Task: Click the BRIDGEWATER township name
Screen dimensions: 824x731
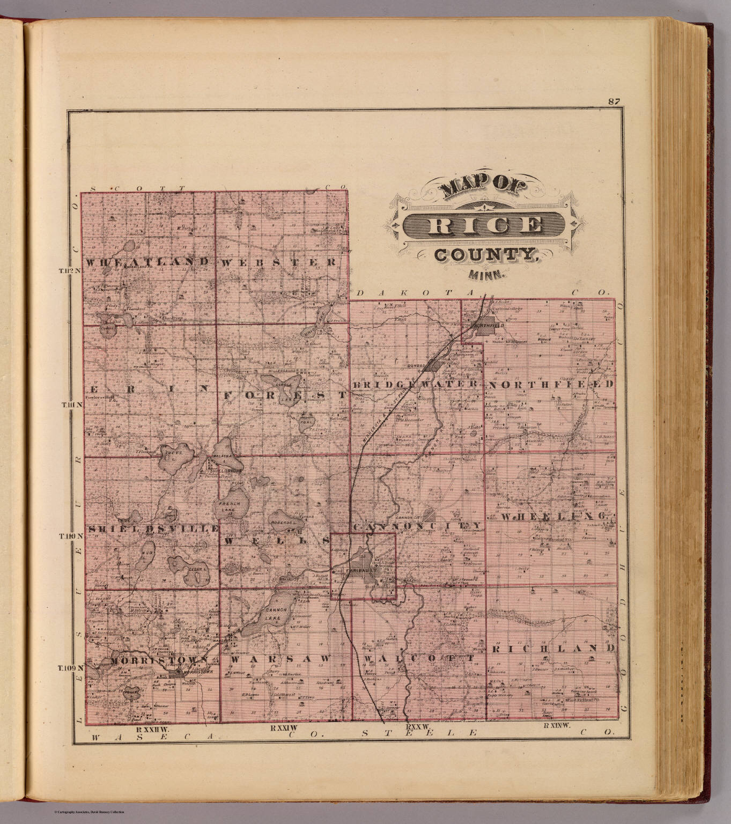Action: tap(415, 385)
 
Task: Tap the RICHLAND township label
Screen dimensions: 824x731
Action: tap(552, 648)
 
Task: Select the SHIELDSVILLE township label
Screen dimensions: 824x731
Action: tap(152, 528)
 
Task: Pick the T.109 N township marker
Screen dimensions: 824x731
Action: tap(71, 668)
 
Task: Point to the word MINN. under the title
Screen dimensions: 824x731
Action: tap(487, 275)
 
